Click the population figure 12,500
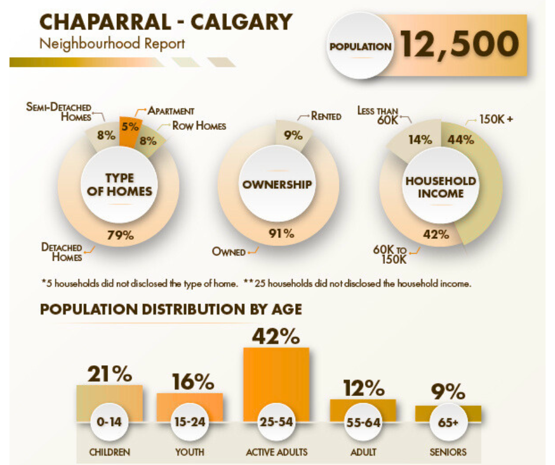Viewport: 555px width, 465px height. pos(460,44)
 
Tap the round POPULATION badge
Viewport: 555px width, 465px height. pos(360,47)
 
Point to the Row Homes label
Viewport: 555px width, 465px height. pos(199,126)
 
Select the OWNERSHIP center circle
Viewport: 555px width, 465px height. pos(277,185)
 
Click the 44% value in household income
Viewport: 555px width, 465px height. pos(461,140)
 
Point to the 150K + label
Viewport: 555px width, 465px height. pos(496,119)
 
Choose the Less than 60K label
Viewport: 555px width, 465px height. pos(378,115)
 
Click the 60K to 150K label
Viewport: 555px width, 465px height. pos(392,254)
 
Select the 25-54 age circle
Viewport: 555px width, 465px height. pos(276,423)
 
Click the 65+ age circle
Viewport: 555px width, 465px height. pos(448,423)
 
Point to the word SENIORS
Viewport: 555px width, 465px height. pos(448,453)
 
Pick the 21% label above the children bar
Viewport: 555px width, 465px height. pos(110,374)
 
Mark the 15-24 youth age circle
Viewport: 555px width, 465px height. pos(190,423)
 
